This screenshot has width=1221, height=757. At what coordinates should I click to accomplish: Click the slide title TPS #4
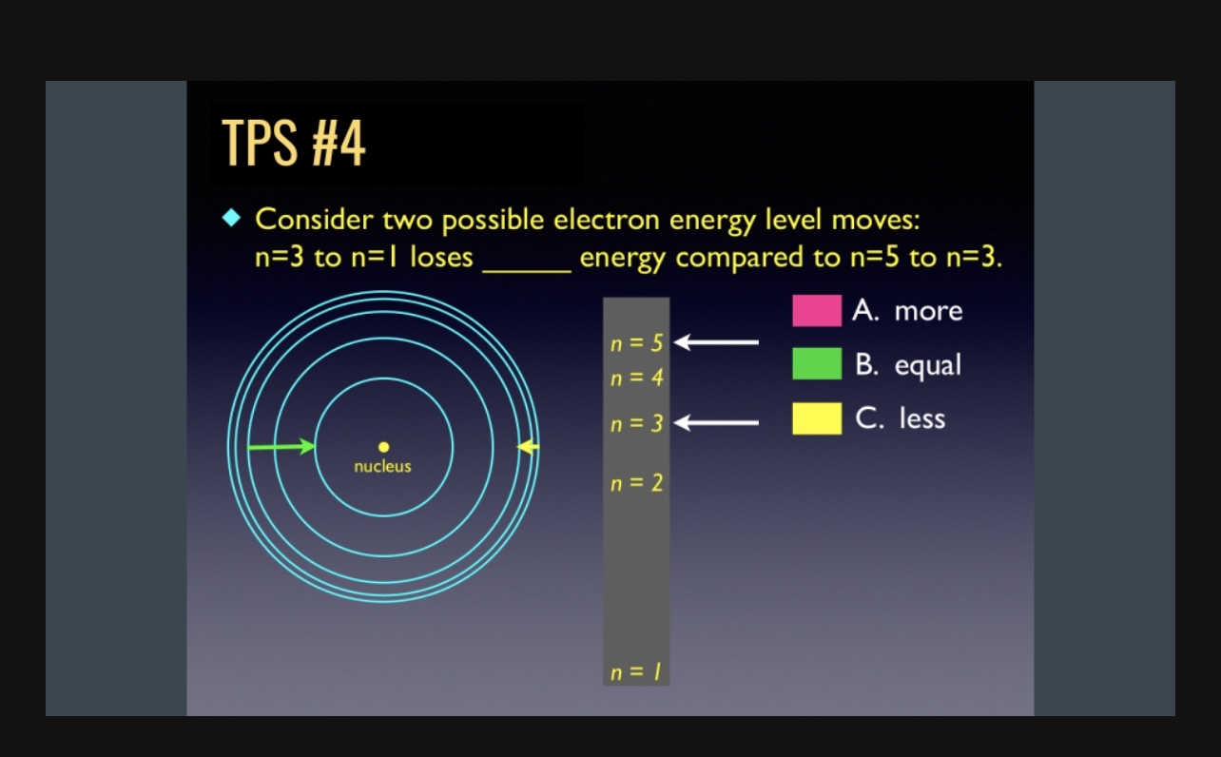(293, 145)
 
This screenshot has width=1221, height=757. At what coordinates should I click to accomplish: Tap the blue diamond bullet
(231, 219)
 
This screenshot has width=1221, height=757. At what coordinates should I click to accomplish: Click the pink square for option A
(816, 311)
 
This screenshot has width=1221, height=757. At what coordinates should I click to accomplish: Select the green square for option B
(816, 364)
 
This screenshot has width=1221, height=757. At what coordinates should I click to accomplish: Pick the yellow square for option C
(816, 418)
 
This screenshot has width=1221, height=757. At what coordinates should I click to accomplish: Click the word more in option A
(928, 311)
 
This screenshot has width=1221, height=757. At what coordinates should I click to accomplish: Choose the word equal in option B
(927, 365)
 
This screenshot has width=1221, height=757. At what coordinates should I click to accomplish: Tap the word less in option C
(922, 418)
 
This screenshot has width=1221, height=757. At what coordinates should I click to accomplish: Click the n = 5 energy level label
(636, 343)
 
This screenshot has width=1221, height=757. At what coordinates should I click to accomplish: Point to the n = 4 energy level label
(636, 378)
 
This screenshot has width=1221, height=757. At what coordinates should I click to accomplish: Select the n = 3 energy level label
(636, 423)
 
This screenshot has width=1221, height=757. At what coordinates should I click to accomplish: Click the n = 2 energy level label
(636, 483)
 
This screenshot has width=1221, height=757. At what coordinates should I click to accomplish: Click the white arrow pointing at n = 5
(716, 342)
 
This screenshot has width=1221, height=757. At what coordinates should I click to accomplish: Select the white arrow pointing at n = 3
(716, 422)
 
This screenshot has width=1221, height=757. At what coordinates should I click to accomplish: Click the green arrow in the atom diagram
(281, 446)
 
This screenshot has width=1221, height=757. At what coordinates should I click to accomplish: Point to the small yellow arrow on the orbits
(529, 446)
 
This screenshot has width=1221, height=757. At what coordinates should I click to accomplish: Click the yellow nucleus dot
(383, 446)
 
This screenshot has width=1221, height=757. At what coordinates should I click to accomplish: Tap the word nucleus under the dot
(382, 467)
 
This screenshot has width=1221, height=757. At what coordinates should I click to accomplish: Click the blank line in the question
(526, 269)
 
